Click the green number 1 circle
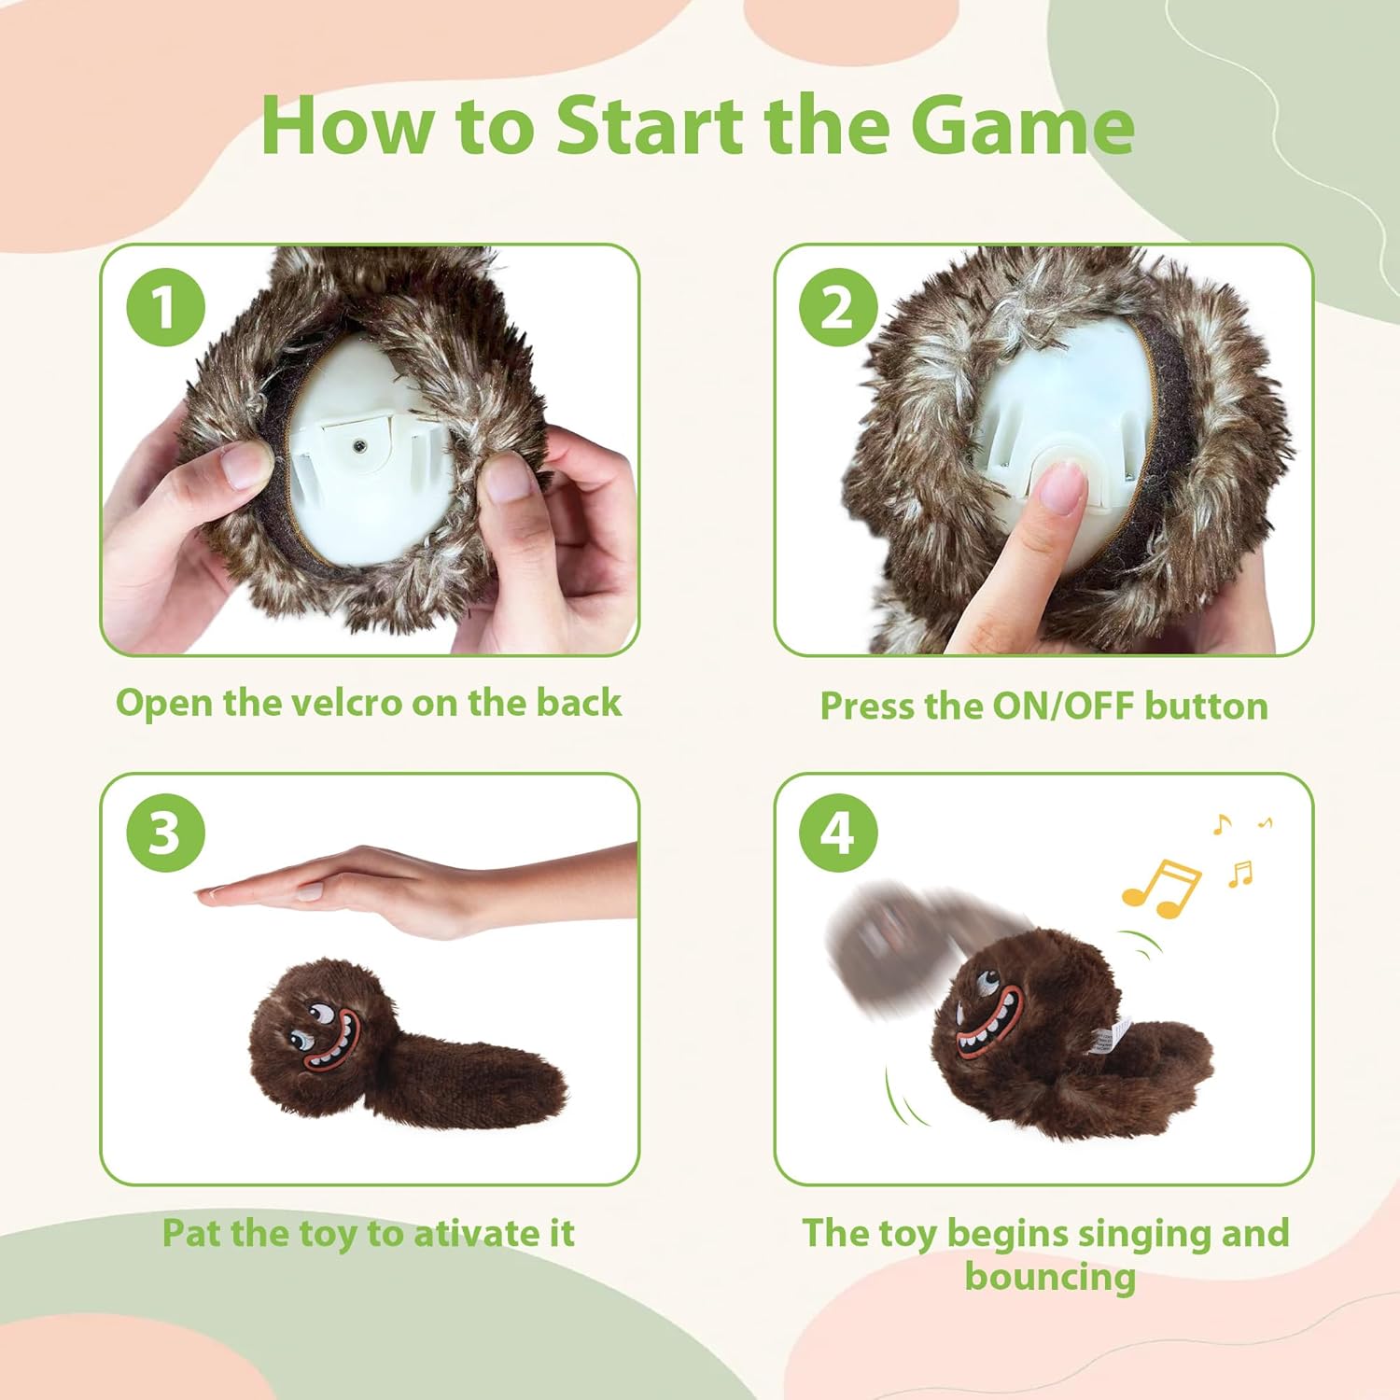point(164,307)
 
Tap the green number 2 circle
point(838,307)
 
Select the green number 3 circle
point(164,832)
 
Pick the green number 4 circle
point(838,832)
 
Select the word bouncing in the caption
point(1050,1276)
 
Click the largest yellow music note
point(1159,888)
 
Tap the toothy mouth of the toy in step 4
point(992,1020)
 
